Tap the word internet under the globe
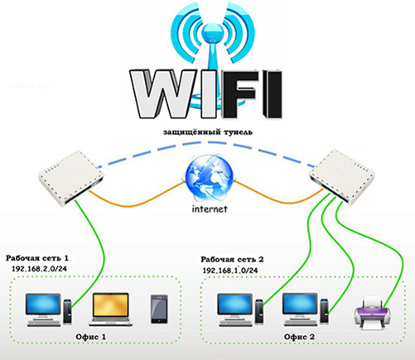(210, 209)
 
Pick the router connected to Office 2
(342, 177)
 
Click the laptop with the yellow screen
(110, 310)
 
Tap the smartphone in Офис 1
(159, 309)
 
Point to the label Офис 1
(91, 337)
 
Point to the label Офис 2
(299, 337)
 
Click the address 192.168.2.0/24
(39, 269)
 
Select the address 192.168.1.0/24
(230, 270)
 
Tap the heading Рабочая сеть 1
(37, 258)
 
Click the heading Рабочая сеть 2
(232, 259)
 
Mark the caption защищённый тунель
(208, 132)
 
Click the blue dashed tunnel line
(206, 142)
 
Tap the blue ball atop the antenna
(212, 31)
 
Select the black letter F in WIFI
(239, 94)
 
